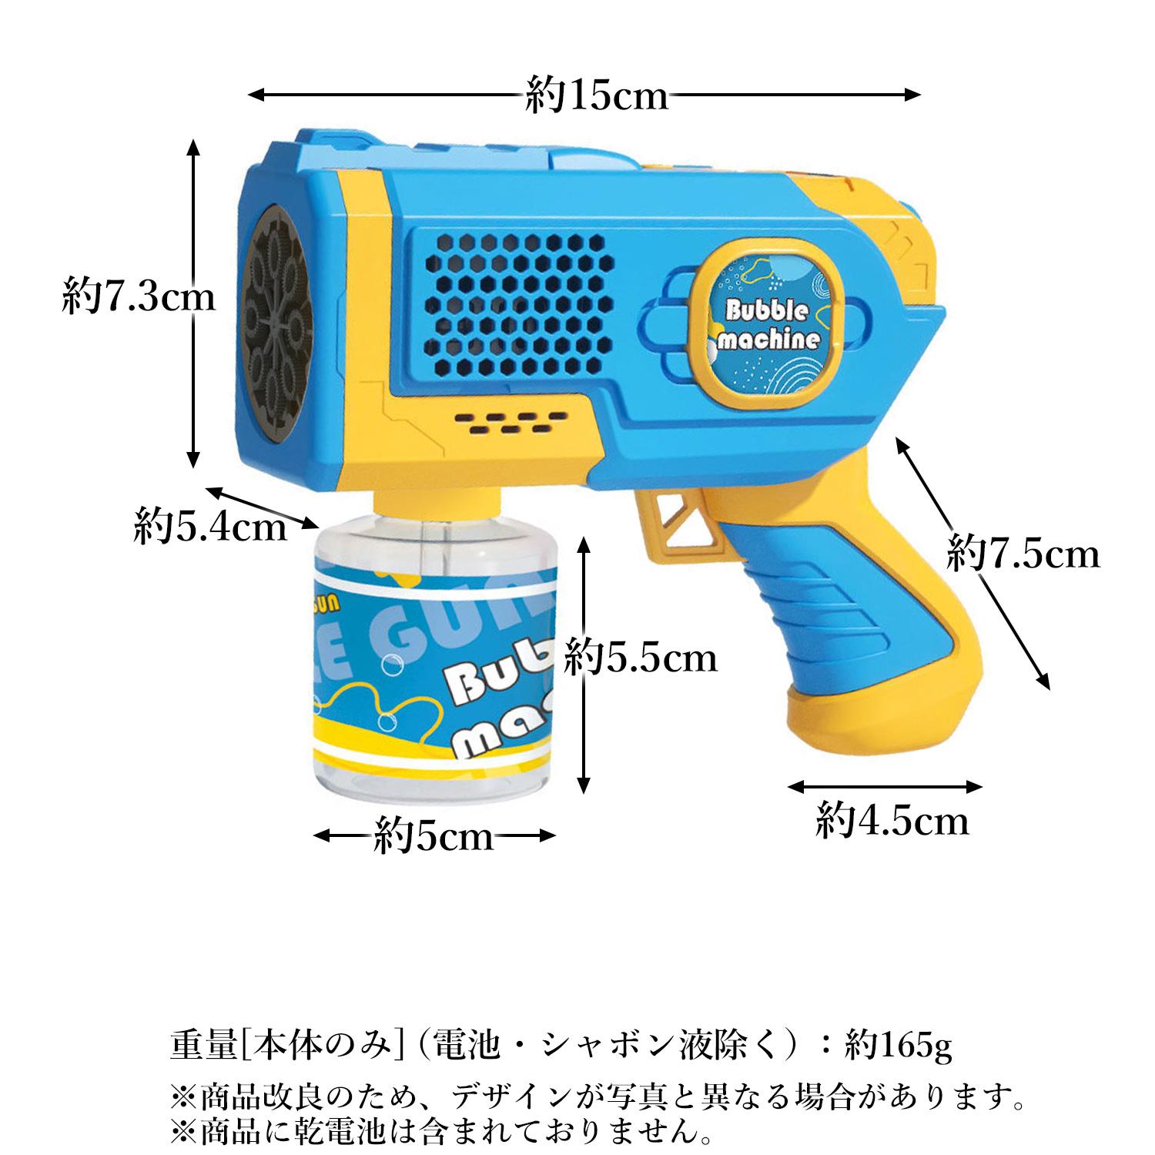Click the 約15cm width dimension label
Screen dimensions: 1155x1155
pos(597,96)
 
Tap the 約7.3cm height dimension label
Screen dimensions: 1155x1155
pos(139,297)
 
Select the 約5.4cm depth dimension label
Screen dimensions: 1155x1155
pos(209,527)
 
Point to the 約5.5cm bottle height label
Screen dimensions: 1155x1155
pos(641,658)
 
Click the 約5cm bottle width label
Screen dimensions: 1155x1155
pos(434,835)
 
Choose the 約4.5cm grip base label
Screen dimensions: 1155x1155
pos(892,821)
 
